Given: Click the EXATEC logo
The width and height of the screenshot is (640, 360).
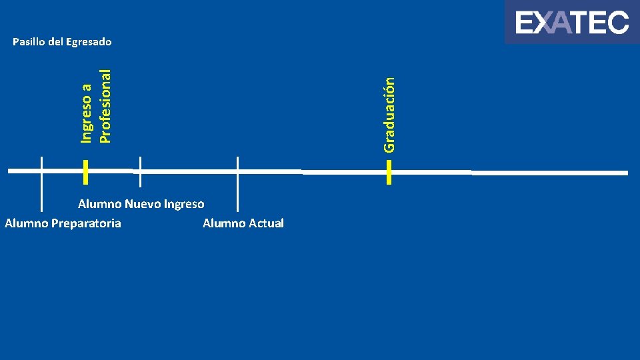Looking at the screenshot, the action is click(x=572, y=23).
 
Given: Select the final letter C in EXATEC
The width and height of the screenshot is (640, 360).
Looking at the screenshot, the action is click(x=618, y=23).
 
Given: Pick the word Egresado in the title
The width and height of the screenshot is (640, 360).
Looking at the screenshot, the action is click(x=89, y=42).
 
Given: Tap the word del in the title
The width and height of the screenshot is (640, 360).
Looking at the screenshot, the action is click(x=56, y=42).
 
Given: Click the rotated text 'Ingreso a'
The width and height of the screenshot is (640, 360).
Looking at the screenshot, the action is click(x=86, y=112).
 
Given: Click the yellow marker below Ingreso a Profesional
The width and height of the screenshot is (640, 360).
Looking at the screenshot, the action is click(x=86, y=171).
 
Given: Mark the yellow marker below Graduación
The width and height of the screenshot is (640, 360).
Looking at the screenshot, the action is click(x=389, y=172).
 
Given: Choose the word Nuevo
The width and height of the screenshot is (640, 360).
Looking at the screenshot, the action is click(x=142, y=204).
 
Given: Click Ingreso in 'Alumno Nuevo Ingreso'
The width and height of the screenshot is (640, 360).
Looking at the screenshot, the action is click(x=183, y=204).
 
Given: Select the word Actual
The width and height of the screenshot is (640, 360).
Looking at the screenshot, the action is click(x=266, y=223).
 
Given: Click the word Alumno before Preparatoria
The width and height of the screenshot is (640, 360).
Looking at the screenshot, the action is click(x=25, y=223).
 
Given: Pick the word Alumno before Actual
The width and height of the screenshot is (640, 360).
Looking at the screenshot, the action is click(x=223, y=223).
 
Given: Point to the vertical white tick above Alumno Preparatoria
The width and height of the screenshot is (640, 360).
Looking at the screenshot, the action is click(x=41, y=183).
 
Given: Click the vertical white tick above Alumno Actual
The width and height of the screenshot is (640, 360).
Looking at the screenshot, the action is click(x=237, y=183).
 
